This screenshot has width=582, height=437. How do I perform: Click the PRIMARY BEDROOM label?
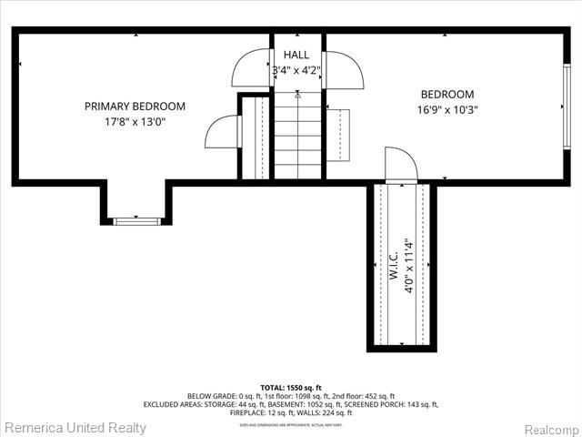(x=135, y=107)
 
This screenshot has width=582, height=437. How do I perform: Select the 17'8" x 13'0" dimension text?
(x=135, y=121)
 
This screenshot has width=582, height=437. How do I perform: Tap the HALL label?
(x=297, y=55)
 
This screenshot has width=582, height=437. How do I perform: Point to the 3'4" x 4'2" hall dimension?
(x=297, y=69)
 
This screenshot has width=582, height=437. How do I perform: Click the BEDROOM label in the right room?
(x=447, y=95)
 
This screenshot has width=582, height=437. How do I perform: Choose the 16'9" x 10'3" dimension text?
(x=447, y=109)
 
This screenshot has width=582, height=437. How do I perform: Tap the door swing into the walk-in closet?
(x=400, y=164)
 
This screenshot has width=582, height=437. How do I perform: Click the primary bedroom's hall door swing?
(x=252, y=68)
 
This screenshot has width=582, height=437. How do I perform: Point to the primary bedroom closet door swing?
(x=222, y=132)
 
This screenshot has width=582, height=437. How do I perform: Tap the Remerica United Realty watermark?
(x=75, y=427)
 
